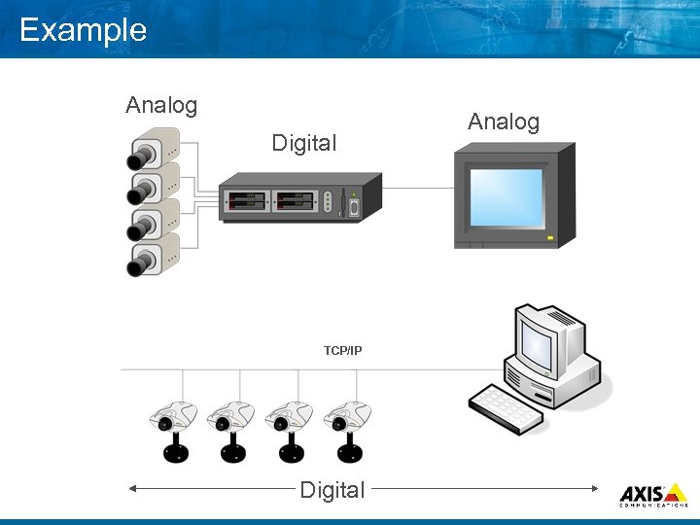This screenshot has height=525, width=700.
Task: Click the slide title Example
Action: (x=83, y=30)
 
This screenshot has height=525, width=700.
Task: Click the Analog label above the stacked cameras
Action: (x=161, y=105)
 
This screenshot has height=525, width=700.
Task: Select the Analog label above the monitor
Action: (x=503, y=122)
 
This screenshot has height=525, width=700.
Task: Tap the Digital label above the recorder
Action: (x=303, y=144)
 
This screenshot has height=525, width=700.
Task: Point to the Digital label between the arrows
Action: (x=332, y=490)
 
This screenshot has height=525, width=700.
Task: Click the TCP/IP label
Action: (x=343, y=350)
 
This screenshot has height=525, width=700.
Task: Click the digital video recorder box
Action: (x=297, y=201)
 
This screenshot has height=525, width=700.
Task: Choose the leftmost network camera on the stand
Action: (x=174, y=428)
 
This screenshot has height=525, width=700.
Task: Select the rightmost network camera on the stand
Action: (x=347, y=428)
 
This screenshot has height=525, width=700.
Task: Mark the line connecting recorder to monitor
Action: (x=418, y=188)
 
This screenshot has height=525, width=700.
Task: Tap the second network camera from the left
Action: (x=231, y=428)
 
